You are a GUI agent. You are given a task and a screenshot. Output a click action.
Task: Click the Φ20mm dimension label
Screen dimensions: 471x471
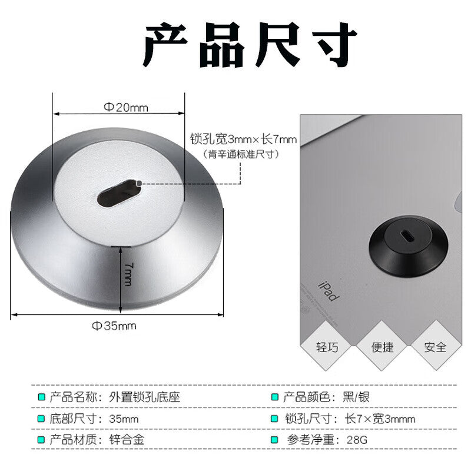pos(126,107)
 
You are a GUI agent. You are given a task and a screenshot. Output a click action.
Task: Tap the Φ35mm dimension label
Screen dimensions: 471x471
pos(114,326)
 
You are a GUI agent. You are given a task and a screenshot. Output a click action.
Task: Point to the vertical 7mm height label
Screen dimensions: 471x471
pos(128,274)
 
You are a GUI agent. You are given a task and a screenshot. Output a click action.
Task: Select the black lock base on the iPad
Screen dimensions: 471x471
pos(408,246)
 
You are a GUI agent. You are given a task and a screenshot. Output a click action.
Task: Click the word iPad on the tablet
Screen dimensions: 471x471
pos(329,291)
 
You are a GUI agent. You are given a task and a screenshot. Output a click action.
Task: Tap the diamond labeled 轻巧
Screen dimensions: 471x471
pos(327,346)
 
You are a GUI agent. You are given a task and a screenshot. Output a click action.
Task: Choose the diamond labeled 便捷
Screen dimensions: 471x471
pos(382,346)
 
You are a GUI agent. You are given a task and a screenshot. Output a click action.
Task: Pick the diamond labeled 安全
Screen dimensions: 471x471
pos(436,346)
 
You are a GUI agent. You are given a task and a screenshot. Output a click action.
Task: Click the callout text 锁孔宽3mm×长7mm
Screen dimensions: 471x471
pos(243,139)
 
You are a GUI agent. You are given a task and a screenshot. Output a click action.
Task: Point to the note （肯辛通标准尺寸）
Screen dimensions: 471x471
pos(241,154)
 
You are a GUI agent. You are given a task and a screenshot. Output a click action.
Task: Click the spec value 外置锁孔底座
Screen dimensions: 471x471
pos(144,397)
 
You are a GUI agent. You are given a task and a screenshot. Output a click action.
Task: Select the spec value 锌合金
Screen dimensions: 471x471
pos(127,439)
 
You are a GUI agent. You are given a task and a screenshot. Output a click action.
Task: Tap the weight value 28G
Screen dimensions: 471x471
pos(357,440)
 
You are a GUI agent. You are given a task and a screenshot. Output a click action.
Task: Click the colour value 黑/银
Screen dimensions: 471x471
pos(356,397)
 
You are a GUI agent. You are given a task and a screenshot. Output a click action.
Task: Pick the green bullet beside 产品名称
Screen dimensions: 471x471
pos(41,397)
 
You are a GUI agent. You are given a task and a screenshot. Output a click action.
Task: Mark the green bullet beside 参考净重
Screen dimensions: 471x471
pos(274,440)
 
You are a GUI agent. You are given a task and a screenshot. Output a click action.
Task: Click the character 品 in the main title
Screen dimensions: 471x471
pos(222,45)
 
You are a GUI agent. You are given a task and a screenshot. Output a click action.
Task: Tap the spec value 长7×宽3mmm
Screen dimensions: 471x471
pos(380,419)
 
